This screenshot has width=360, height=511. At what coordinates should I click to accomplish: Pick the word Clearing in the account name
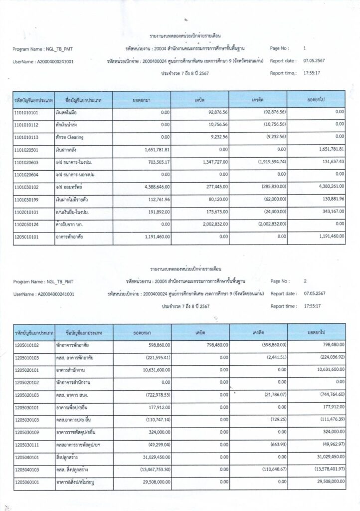point(74,136)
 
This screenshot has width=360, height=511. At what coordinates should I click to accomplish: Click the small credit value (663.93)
point(278,444)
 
